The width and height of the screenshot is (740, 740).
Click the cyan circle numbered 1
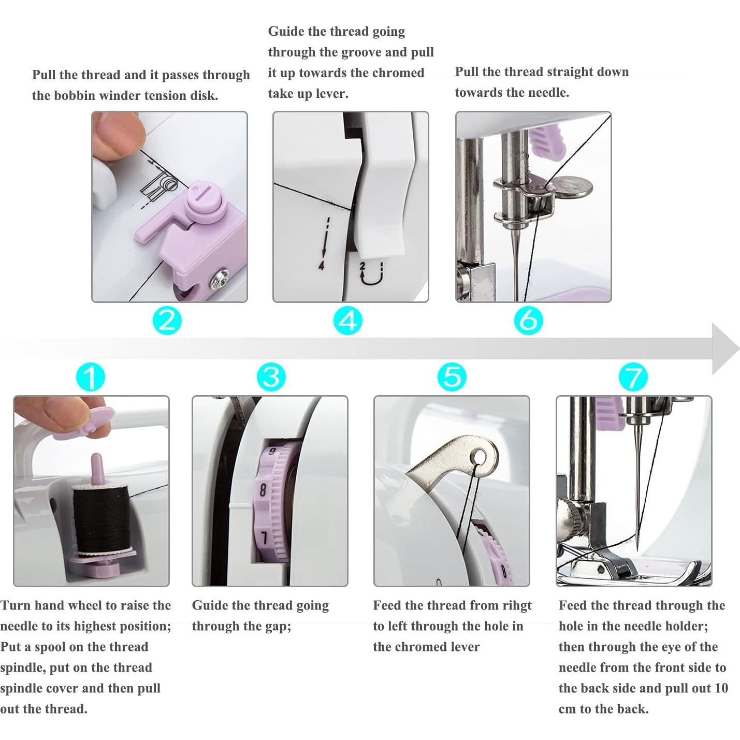pyautogui.click(x=91, y=377)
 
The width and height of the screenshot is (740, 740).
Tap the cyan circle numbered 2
pyautogui.click(x=167, y=320)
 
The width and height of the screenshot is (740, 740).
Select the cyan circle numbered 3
pyautogui.click(x=271, y=377)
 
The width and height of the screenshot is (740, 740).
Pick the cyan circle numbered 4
pyautogui.click(x=348, y=320)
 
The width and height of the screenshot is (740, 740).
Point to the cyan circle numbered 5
pyautogui.click(x=453, y=377)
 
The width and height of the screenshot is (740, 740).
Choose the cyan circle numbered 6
pyautogui.click(x=529, y=320)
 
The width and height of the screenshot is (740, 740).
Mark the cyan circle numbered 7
pyautogui.click(x=633, y=377)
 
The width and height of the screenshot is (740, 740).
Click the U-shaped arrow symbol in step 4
pyautogui.click(x=371, y=274)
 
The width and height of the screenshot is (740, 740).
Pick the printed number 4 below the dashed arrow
pyautogui.click(x=322, y=265)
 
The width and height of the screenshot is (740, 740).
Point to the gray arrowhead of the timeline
pyautogui.click(x=724, y=349)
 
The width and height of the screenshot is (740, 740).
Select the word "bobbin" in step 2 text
pyautogui.click(x=75, y=95)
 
